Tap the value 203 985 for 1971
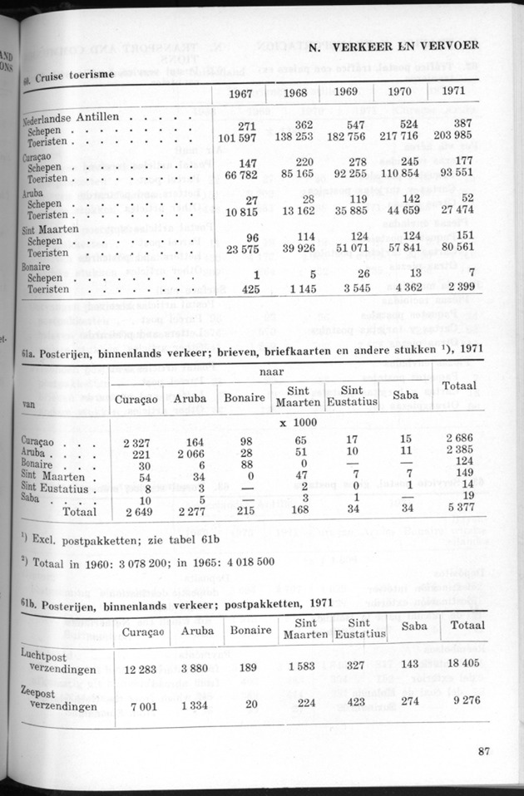[457, 135]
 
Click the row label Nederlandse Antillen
[73, 118]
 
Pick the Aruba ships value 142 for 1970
[404, 199]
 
